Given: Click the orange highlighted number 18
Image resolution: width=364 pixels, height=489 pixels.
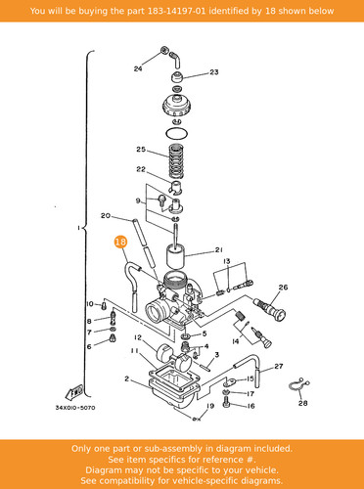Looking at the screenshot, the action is (x=120, y=242).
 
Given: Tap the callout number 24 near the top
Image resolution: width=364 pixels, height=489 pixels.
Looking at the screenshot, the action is (x=138, y=68).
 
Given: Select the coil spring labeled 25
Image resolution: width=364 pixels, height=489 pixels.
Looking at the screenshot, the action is (x=176, y=161).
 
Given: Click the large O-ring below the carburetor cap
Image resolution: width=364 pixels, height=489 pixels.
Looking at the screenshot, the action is (x=176, y=133).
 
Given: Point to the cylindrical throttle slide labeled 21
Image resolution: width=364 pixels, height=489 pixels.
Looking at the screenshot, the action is (x=176, y=257).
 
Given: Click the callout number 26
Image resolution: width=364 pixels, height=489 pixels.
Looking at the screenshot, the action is (x=283, y=288).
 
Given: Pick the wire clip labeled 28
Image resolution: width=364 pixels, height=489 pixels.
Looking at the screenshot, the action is (x=299, y=385).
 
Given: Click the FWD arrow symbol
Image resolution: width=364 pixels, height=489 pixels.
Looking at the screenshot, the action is (x=74, y=392).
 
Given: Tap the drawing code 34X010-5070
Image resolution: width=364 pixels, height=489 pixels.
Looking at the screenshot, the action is (x=75, y=408).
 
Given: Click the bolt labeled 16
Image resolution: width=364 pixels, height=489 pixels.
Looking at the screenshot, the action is (x=227, y=404).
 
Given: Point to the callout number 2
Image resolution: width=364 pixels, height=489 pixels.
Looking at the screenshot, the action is (x=126, y=378).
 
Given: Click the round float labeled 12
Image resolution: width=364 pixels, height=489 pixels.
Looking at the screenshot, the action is (x=164, y=353).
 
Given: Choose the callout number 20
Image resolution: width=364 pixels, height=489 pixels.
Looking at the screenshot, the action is (x=106, y=216).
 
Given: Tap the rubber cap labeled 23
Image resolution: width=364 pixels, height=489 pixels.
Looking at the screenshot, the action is (x=177, y=77).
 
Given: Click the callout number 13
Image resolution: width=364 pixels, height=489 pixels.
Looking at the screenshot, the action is (x=227, y=261).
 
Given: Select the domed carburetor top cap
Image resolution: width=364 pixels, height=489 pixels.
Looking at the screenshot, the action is (x=177, y=105).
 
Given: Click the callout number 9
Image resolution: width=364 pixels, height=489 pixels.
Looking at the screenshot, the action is (x=138, y=200).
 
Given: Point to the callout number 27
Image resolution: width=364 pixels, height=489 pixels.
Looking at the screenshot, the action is (x=278, y=366).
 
